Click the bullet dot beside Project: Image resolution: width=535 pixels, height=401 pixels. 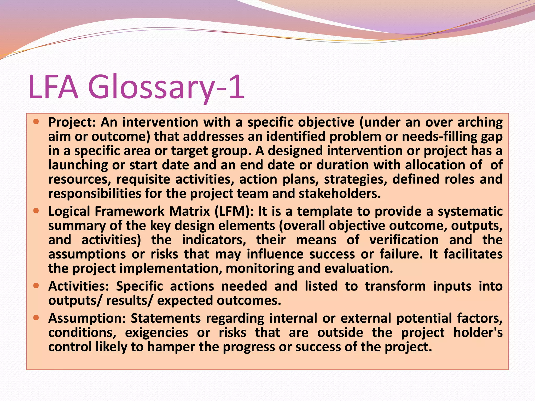36,121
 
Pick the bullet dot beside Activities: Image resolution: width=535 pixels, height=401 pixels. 36,286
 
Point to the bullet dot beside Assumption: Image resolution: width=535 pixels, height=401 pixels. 36,317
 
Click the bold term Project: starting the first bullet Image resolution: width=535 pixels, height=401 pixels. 72,122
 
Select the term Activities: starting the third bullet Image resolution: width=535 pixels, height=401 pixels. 79,286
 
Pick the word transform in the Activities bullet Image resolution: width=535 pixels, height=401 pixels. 395,286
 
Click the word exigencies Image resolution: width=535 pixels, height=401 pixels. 156,333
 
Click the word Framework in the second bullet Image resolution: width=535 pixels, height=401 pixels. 129,211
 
